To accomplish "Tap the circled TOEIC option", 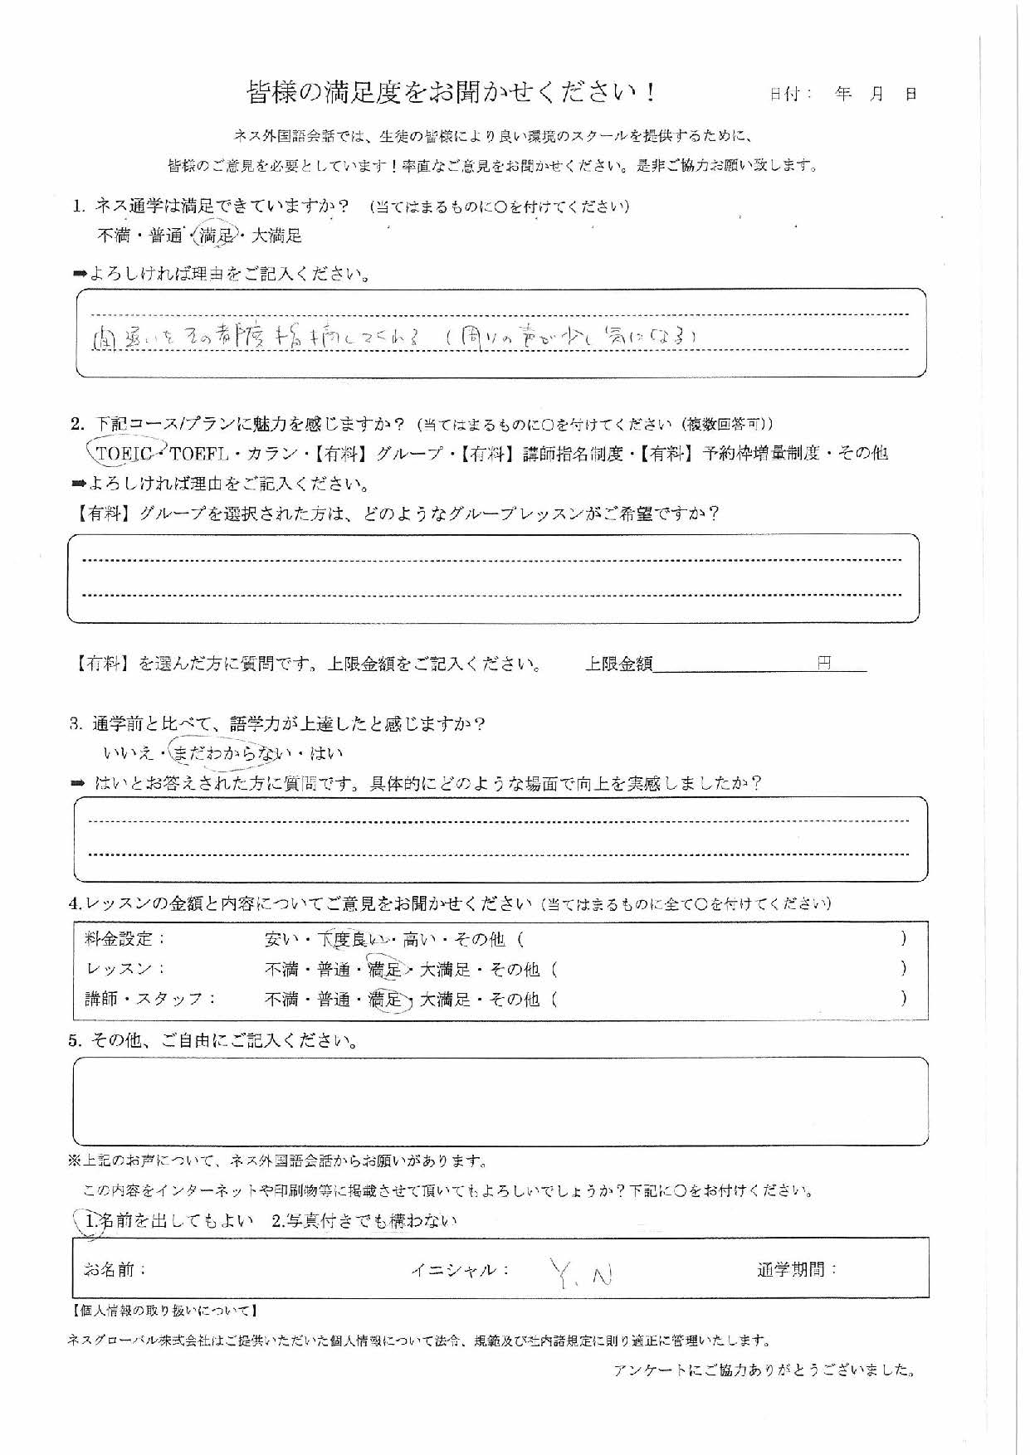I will [124, 453].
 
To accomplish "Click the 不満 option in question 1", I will [115, 236].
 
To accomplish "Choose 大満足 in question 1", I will [276, 236].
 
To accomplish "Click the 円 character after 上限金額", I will [823, 664].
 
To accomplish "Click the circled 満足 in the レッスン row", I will [385, 969].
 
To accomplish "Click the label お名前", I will [115, 1270].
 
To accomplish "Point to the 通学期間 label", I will [796, 1270].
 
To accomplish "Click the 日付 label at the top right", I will [790, 94].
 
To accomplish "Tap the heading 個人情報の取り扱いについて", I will [164, 1311].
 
